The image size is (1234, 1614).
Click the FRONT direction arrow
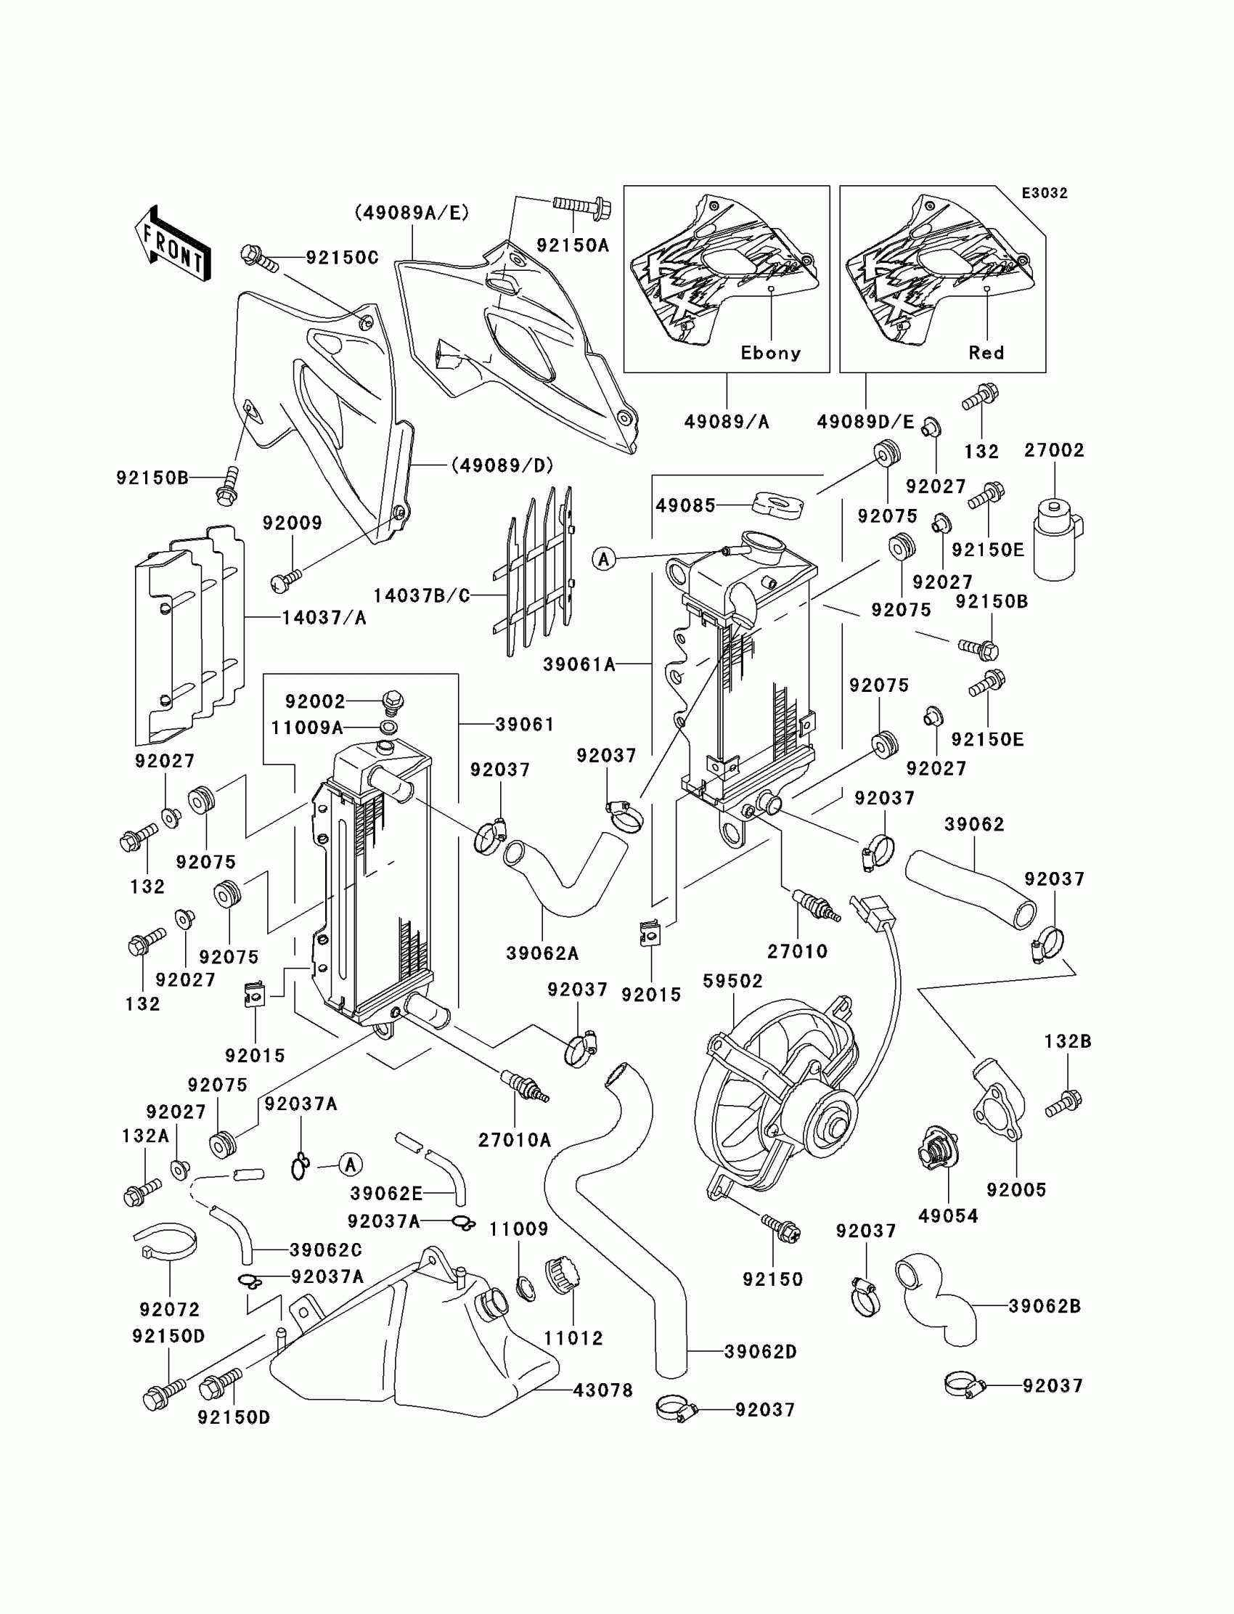click(x=173, y=244)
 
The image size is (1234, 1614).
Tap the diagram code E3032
click(x=1044, y=193)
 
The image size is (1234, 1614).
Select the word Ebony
click(x=769, y=353)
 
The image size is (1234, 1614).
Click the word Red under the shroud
click(x=986, y=353)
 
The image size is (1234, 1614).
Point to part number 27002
click(x=1054, y=450)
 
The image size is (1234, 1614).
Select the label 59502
click(x=732, y=981)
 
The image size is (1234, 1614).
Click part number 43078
click(x=602, y=1390)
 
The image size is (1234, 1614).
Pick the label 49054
click(x=947, y=1216)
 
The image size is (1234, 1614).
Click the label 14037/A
click(x=324, y=618)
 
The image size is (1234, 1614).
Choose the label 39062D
click(x=760, y=1352)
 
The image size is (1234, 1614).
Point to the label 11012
click(x=573, y=1339)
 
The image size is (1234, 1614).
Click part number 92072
click(x=170, y=1309)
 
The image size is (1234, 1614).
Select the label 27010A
click(x=514, y=1139)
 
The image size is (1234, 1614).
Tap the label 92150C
click(x=342, y=258)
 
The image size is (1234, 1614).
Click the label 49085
click(x=685, y=505)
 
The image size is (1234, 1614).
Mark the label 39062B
click(x=1045, y=1306)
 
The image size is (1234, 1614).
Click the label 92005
click(x=1016, y=1189)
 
